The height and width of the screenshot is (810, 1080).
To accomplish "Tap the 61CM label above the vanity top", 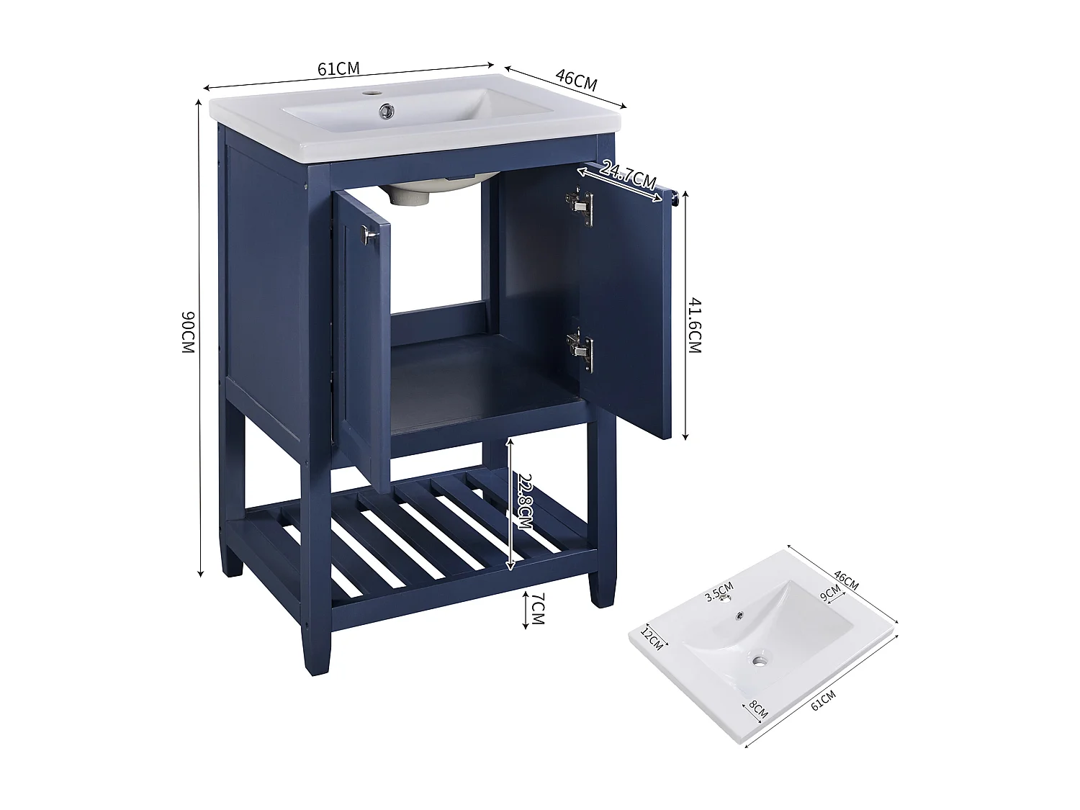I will [338, 69].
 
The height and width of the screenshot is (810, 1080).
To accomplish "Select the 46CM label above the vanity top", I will [576, 78].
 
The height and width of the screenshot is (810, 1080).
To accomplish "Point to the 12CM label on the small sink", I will [652, 638].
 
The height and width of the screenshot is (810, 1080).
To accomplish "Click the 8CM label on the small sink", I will [758, 711].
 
